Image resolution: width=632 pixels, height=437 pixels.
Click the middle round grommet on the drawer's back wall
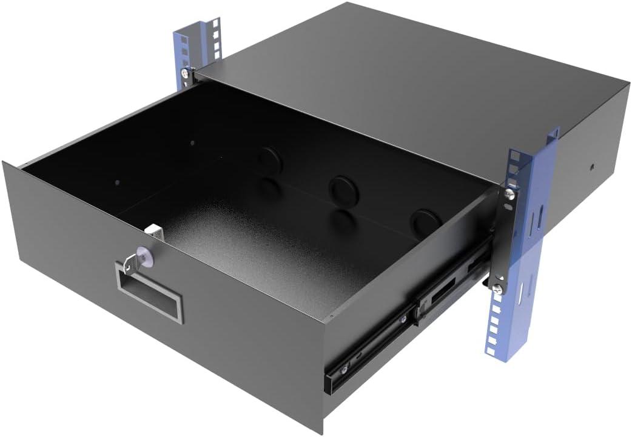click(342, 188)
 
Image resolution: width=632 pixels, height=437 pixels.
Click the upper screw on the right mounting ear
click(509, 194)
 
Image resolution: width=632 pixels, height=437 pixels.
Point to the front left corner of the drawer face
click(5, 165)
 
